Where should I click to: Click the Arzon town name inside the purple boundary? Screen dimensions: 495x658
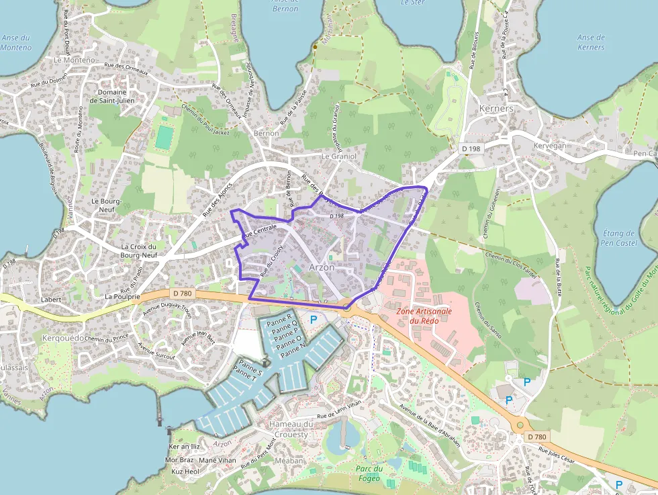click(x=322, y=267)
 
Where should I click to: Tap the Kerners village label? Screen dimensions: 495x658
click(x=496, y=109)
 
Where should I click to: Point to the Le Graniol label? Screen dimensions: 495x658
click(x=337, y=156)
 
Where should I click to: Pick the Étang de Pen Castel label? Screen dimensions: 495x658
click(x=619, y=238)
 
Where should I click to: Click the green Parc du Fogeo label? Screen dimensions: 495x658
click(x=368, y=474)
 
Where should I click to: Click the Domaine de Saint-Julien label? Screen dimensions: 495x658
click(x=112, y=97)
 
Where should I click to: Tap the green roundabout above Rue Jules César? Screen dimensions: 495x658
click(x=520, y=425)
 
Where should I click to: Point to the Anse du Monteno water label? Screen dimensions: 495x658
click(x=16, y=43)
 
